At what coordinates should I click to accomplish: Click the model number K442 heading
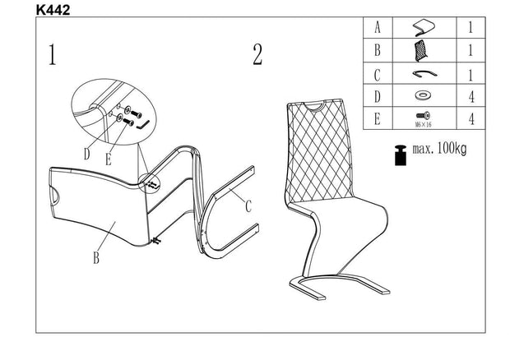[53, 10]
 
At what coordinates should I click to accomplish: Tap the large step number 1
[53, 54]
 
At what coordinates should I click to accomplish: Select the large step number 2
[257, 54]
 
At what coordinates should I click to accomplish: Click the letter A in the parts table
[378, 27]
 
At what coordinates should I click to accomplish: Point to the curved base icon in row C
[424, 73]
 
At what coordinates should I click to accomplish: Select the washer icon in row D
[423, 96]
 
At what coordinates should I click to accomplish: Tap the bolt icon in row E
[423, 115]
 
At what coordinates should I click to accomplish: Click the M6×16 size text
[423, 124]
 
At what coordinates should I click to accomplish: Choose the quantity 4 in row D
[471, 96]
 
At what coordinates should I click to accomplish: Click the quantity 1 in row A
[471, 27]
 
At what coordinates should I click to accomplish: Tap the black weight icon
[401, 155]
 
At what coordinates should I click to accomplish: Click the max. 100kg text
[439, 149]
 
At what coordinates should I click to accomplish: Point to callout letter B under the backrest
[96, 257]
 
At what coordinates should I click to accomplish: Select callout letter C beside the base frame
[248, 206]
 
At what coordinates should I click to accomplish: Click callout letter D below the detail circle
[86, 154]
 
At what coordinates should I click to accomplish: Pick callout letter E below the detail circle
[109, 159]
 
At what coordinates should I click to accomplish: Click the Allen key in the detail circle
[143, 124]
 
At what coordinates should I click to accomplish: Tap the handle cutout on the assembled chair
[314, 106]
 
